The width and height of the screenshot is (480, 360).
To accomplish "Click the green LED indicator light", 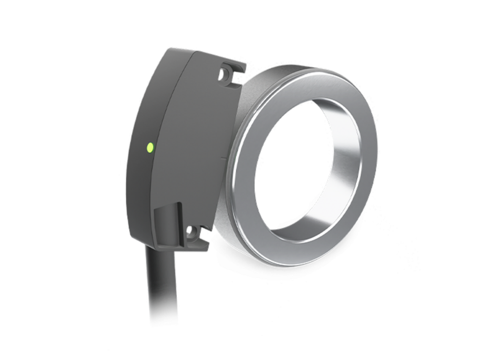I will coord(150,147).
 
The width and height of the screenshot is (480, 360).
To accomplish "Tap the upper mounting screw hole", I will coord(226,74).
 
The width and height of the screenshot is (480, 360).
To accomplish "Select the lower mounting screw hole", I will coord(191,231).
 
